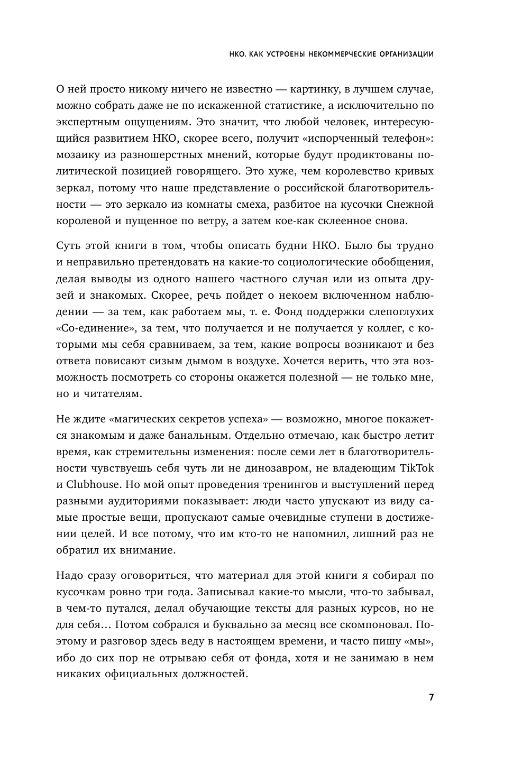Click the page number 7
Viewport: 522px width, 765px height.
(431, 697)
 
